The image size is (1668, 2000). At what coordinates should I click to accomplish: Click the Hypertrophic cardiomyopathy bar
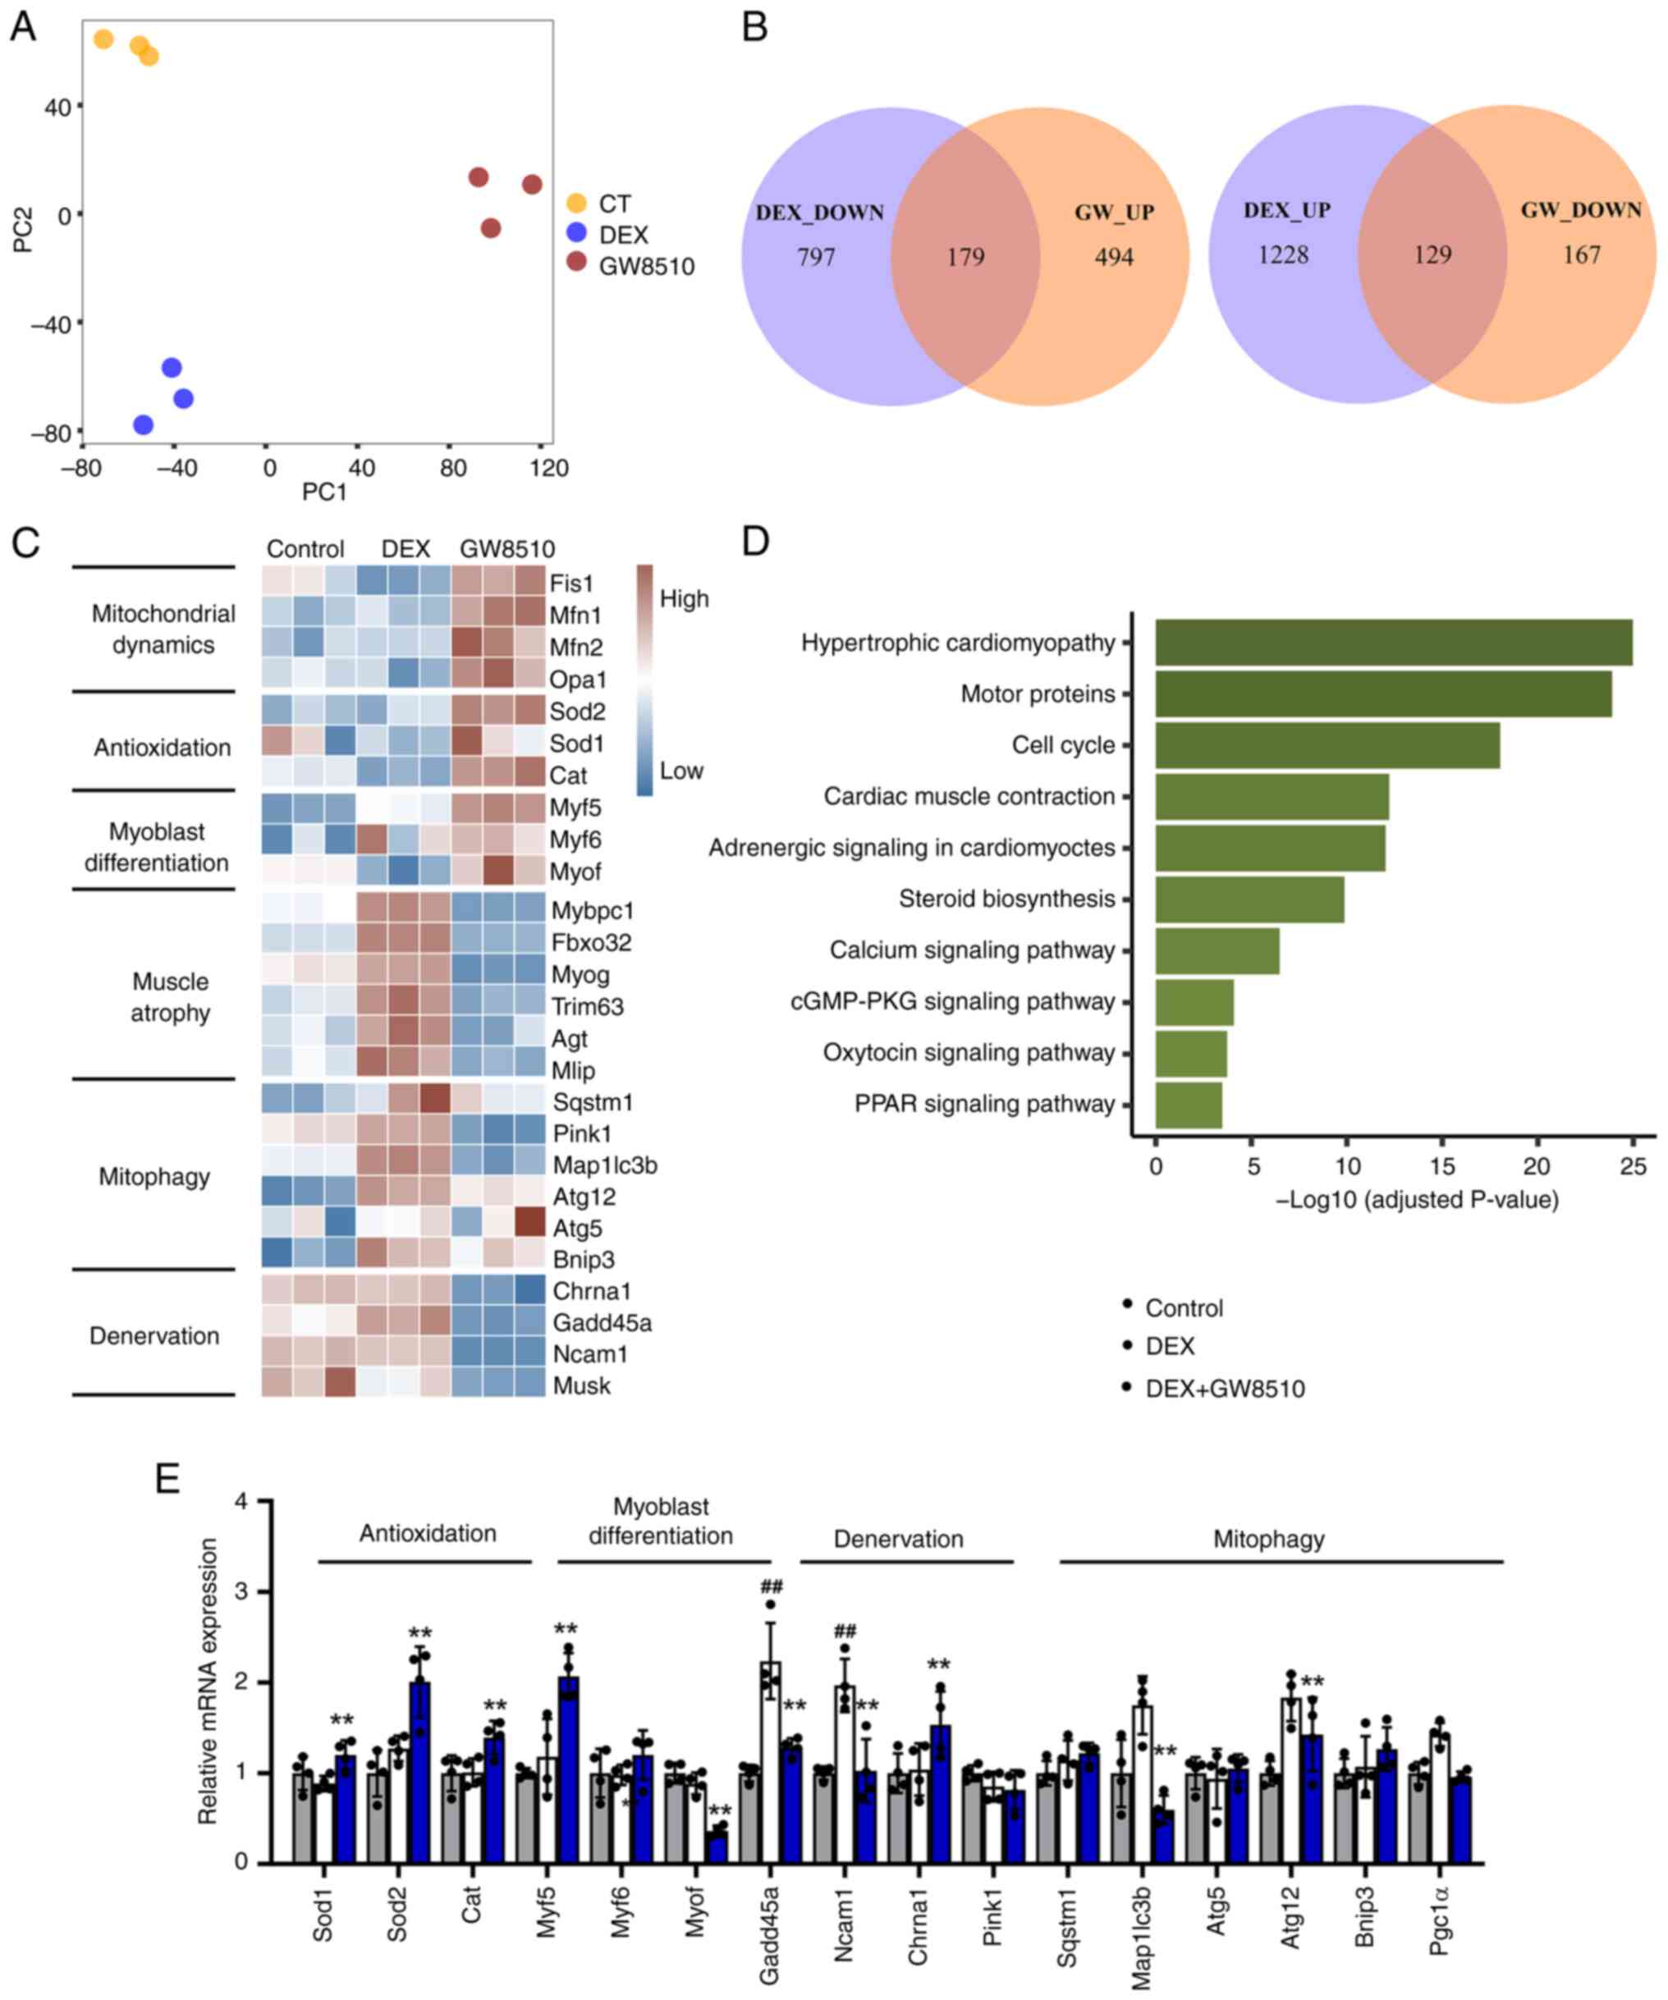[x=1393, y=643]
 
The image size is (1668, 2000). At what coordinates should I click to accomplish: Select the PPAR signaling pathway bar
[x=1188, y=1105]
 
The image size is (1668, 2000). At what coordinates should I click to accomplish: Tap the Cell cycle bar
[x=1327, y=746]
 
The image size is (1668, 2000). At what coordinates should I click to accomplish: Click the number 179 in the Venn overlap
[x=965, y=257]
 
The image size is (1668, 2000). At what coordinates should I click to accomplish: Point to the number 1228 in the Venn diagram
[x=1282, y=255]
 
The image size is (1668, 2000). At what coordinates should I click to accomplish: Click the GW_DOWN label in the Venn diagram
[x=1580, y=210]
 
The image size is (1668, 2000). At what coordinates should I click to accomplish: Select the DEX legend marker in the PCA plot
[x=576, y=234]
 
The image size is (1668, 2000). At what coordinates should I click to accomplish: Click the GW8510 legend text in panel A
[x=646, y=267]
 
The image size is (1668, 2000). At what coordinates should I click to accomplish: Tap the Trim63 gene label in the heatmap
[x=587, y=1007]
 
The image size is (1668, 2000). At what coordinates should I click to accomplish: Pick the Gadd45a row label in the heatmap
[x=602, y=1323]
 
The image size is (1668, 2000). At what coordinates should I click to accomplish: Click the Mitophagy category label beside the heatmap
[x=154, y=1177]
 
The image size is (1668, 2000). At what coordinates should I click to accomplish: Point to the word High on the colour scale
[x=684, y=599]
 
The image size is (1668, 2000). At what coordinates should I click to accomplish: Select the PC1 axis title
[x=324, y=492]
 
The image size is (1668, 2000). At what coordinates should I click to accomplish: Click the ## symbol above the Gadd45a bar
[x=771, y=1586]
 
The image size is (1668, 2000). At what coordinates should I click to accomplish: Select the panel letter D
[x=754, y=541]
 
